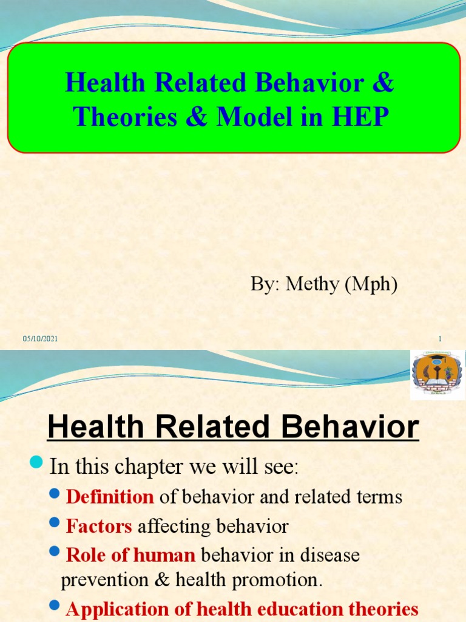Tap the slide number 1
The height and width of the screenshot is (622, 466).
coord(439,339)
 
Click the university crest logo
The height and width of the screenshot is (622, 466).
coord(437,375)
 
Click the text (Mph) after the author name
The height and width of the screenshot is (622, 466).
coord(371,284)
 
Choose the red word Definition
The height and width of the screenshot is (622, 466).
coord(110,497)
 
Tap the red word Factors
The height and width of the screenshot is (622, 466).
coord(99,526)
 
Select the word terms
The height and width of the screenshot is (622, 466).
coord(379,497)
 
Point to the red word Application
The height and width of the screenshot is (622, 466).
coord(120,610)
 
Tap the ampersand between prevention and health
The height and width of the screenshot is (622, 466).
coord(162,580)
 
